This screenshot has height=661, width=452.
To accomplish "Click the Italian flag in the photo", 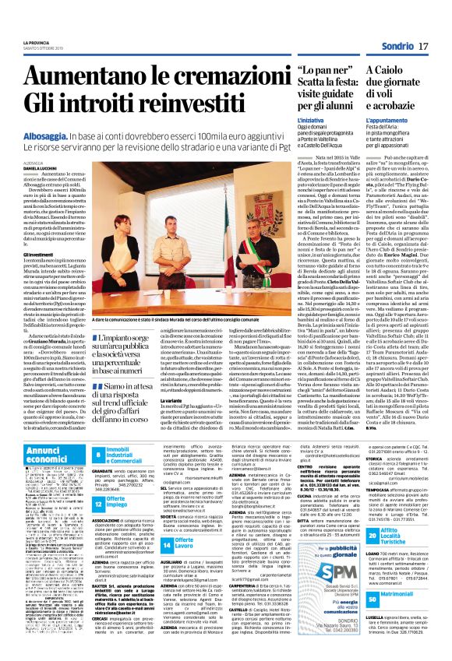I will pyautogui.click(x=225, y=187).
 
